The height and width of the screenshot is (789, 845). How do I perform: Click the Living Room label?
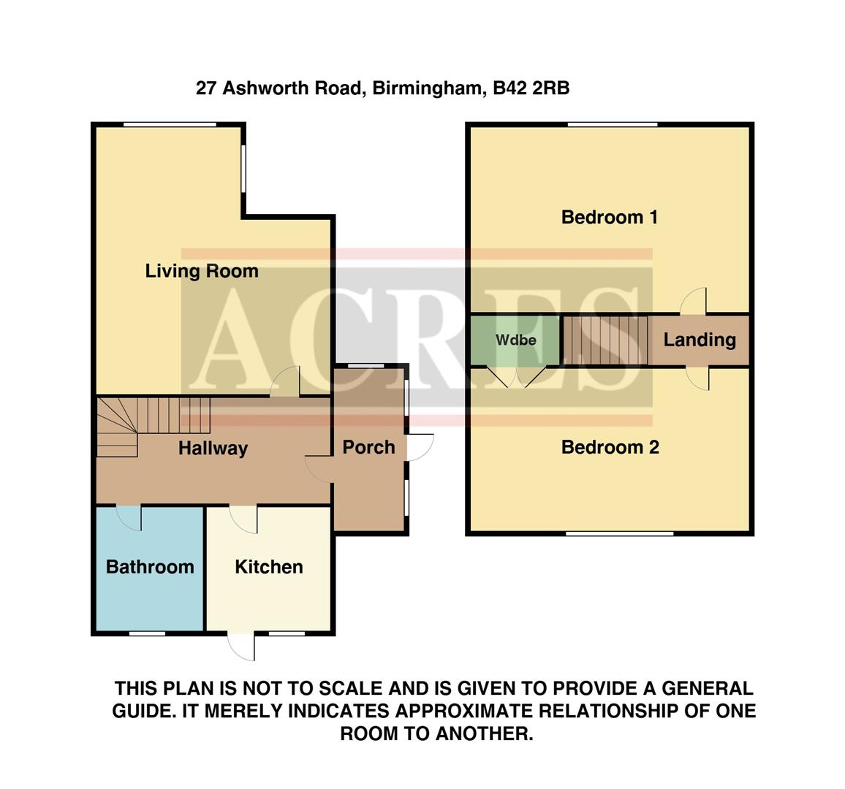[x=202, y=271]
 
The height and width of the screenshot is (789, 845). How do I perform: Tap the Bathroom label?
[x=150, y=567]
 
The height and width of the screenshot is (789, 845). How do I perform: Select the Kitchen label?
[x=268, y=567]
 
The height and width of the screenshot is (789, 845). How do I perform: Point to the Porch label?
[x=368, y=447]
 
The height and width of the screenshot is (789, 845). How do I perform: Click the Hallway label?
[x=213, y=449]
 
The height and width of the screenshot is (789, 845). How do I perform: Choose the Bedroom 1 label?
[x=609, y=217]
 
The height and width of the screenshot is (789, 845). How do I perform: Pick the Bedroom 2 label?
[x=610, y=447]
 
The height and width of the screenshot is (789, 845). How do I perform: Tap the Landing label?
[x=699, y=340]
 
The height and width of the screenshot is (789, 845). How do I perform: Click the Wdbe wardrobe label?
[x=515, y=340]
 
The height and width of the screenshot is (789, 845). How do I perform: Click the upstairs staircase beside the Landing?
[x=605, y=340]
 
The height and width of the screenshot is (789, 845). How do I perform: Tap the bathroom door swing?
[x=130, y=517]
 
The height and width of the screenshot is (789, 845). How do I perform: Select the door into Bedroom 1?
[x=695, y=301]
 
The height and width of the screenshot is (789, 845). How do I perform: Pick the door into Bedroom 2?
[x=697, y=378]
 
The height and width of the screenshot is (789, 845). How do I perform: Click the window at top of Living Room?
[x=170, y=125]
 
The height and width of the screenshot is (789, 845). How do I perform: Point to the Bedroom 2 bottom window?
[x=618, y=533]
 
